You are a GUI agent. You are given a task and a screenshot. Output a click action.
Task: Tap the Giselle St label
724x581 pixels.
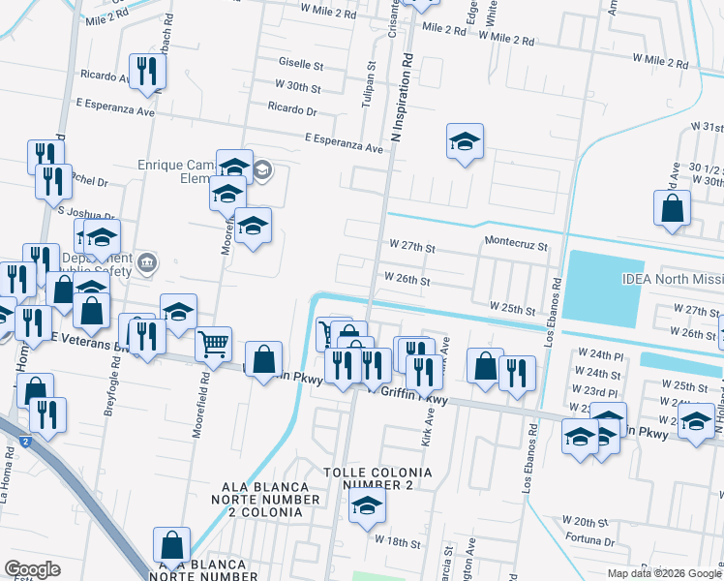(x=301, y=65)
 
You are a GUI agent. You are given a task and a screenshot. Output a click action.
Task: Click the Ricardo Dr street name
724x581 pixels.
(x=292, y=109)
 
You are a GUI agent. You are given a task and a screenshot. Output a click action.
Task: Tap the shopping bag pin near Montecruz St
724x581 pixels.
(x=672, y=208)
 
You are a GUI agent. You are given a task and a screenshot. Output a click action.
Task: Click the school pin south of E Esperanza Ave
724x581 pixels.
(x=465, y=141)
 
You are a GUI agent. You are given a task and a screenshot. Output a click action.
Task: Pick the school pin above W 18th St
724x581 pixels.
(x=367, y=505)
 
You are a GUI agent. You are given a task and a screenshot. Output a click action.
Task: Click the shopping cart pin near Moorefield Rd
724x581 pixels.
(x=213, y=343)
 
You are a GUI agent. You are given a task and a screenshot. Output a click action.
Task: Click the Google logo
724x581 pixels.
(x=33, y=569)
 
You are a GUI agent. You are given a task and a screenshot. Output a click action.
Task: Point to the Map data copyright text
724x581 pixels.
(x=664, y=573)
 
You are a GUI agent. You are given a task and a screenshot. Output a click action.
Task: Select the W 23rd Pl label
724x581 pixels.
(x=602, y=389)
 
